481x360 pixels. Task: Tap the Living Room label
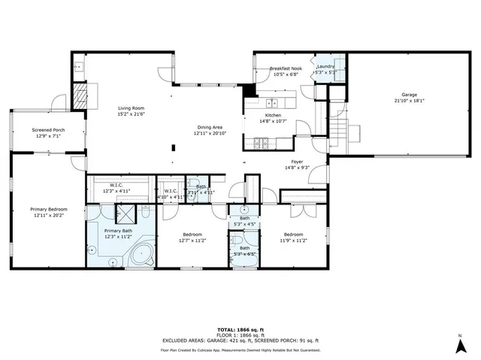(130, 108)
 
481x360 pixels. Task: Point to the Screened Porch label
(47, 130)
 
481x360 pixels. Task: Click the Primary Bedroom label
(48, 209)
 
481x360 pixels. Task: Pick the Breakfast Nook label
(286, 68)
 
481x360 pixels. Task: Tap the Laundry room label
(325, 66)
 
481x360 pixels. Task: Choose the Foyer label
(298, 162)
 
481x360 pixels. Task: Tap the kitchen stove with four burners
(262, 143)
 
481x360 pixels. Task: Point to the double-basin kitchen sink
(272, 103)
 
